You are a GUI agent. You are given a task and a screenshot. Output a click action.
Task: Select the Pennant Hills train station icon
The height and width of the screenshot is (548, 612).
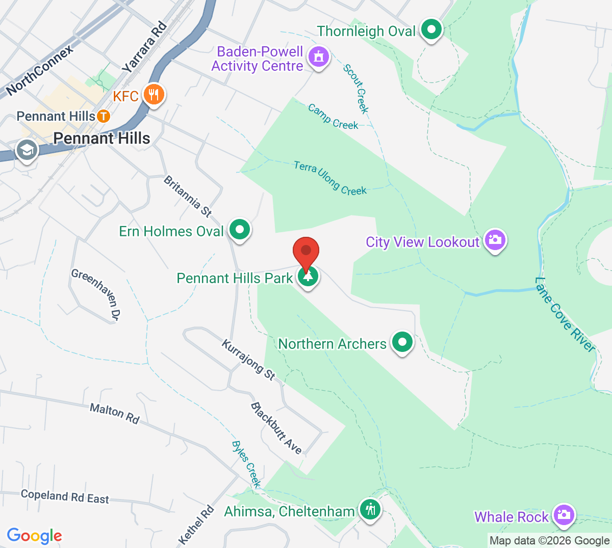click(x=104, y=116)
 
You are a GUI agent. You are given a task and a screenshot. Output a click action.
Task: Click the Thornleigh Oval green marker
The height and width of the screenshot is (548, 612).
click(x=432, y=30)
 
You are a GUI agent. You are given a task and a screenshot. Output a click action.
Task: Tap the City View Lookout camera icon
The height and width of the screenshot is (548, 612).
click(x=495, y=239)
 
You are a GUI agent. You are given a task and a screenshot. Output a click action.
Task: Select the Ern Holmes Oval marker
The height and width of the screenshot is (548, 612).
click(x=239, y=230)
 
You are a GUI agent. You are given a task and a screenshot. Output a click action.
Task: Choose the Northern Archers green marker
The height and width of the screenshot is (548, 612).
click(x=402, y=342)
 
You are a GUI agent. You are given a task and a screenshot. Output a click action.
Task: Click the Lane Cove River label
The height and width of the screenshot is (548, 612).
click(x=565, y=315)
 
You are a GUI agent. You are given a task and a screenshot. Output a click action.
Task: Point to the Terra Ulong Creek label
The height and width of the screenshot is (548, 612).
click(x=330, y=178)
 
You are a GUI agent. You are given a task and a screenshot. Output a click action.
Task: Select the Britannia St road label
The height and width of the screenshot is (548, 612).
click(x=188, y=196)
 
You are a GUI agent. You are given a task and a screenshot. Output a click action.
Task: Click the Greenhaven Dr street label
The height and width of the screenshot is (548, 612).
click(x=96, y=295)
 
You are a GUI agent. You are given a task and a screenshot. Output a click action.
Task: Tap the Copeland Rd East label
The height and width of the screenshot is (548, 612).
click(x=65, y=497)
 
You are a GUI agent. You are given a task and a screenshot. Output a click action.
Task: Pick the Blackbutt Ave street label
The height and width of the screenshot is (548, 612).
click(x=276, y=428)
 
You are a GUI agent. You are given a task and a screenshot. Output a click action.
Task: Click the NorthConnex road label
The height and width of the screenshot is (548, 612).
click(x=40, y=70)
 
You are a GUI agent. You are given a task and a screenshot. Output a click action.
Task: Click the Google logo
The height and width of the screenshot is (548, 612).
click(x=34, y=536)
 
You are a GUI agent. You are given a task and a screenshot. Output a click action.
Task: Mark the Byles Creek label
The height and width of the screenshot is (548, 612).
click(x=246, y=464)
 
